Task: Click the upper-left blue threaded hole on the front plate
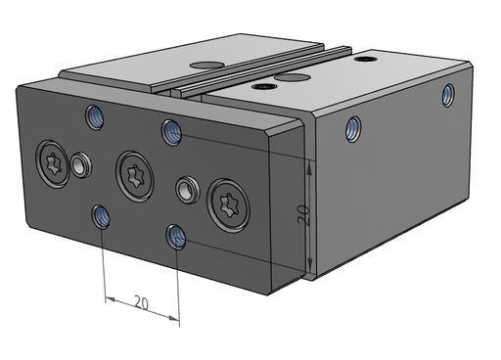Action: click(x=95, y=117)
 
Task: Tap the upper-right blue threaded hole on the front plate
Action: click(x=171, y=132)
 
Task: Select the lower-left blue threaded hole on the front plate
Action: click(x=101, y=216)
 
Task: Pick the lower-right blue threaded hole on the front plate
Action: click(x=176, y=237)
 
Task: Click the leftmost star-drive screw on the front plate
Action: click(x=52, y=164)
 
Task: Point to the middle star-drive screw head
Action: click(x=134, y=176)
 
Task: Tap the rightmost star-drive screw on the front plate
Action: click(x=229, y=205)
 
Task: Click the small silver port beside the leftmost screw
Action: click(x=81, y=165)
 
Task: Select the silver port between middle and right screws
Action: click(x=187, y=190)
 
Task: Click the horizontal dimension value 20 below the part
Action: click(x=141, y=303)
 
